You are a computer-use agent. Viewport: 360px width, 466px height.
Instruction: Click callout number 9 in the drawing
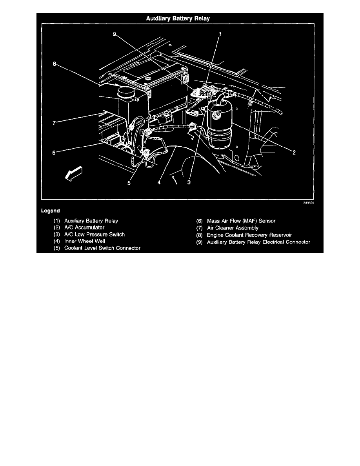pos(115,35)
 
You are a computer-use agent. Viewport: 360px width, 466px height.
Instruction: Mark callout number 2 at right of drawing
pos(294,153)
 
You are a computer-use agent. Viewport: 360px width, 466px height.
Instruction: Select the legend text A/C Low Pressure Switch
pos(95,235)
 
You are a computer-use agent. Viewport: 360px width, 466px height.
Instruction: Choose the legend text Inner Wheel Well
pos(85,241)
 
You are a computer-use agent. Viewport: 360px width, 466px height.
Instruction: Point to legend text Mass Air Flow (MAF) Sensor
pos(241,221)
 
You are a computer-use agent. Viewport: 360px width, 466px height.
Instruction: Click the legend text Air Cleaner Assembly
pos(233,228)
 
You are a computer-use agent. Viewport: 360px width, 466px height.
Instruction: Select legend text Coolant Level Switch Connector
pos(102,248)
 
